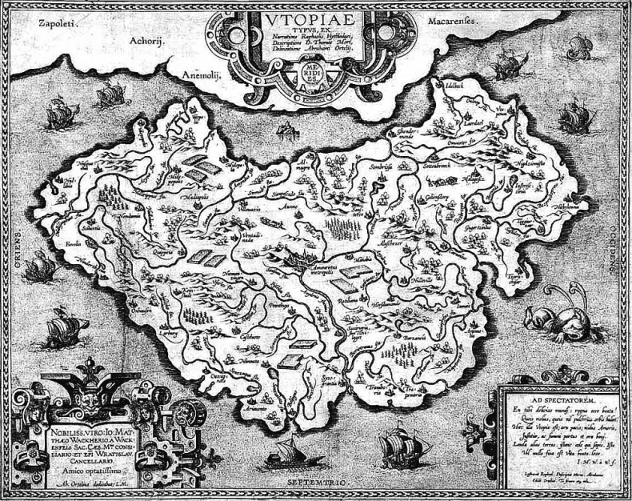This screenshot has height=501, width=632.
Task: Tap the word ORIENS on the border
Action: tap(13, 248)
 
